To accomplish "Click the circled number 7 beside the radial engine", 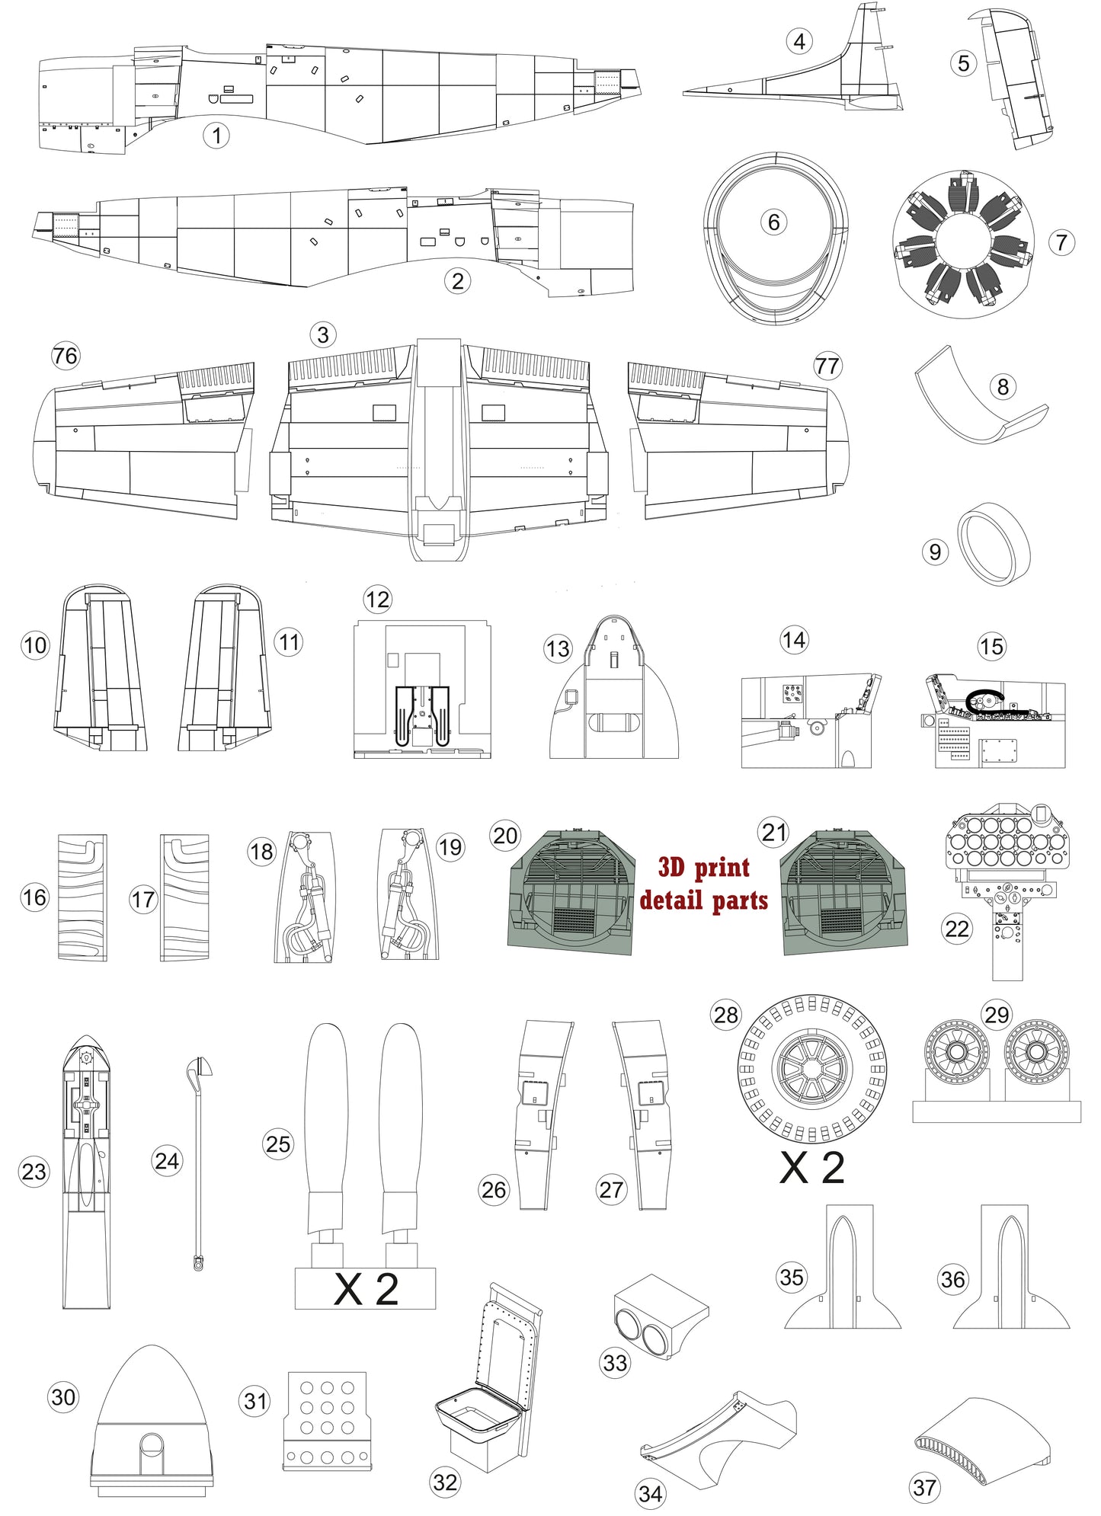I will pyautogui.click(x=1061, y=243).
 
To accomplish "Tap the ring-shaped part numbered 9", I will pyautogui.click(x=994, y=544).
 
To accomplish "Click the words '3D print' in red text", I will pyautogui.click(x=703, y=867).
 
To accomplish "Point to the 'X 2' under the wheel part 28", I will pyautogui.click(x=811, y=1167).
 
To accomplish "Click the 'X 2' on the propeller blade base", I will pyautogui.click(x=366, y=1289).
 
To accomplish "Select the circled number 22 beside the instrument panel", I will pyautogui.click(x=957, y=929).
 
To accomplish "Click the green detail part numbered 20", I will pyautogui.click(x=571, y=891).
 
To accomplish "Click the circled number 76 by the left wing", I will pyautogui.click(x=66, y=356).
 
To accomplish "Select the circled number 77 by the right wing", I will pyautogui.click(x=827, y=366).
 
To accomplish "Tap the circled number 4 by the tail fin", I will pyautogui.click(x=799, y=41).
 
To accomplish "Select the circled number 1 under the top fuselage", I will pyautogui.click(x=216, y=136).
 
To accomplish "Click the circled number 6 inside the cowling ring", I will pyautogui.click(x=773, y=222).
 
